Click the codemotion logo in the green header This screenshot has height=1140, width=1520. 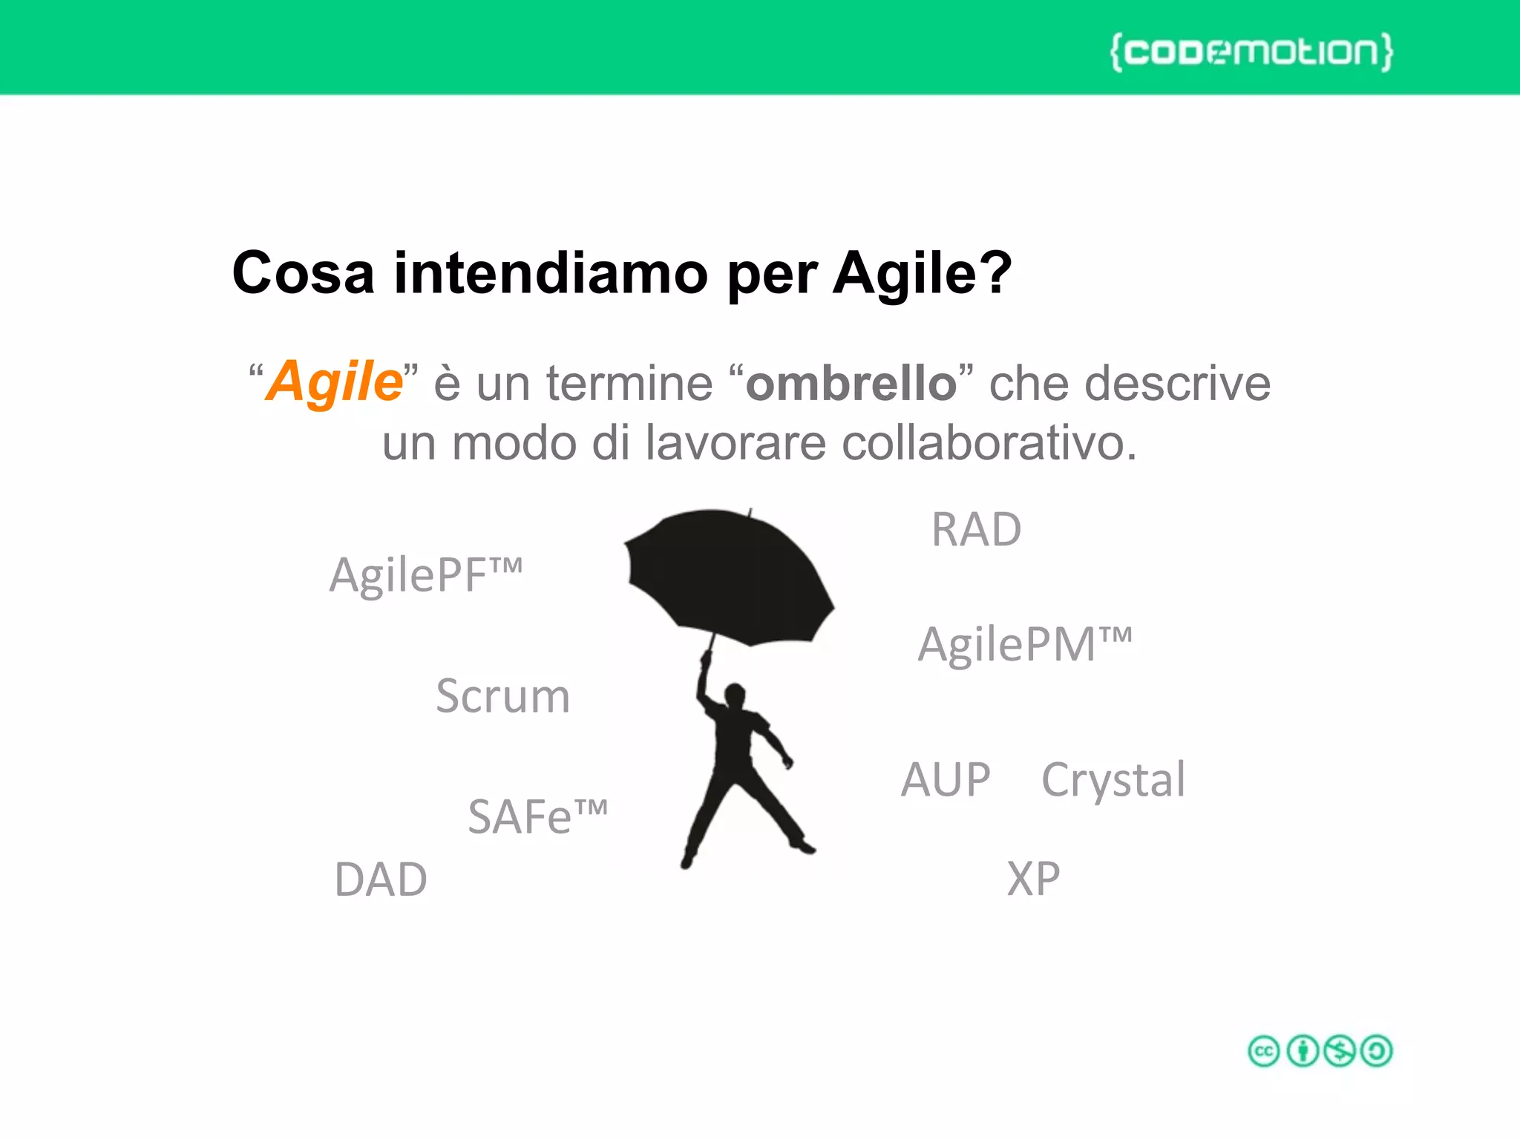(1251, 52)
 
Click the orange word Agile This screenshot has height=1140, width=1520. (334, 381)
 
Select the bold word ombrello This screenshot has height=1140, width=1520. (851, 384)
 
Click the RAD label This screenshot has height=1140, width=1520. (976, 530)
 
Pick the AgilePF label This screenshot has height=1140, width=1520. (425, 575)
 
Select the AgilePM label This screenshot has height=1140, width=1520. (1024, 644)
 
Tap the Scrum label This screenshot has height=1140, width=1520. (502, 697)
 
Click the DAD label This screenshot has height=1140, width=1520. (381, 880)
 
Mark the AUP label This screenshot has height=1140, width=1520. (946, 780)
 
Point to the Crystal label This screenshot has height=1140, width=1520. (1113, 780)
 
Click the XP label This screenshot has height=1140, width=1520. (1033, 879)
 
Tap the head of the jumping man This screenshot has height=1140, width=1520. (735, 695)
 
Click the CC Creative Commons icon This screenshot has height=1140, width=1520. (1264, 1051)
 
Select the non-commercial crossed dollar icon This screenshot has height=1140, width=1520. (1340, 1051)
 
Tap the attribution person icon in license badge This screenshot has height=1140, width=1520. (1303, 1051)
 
